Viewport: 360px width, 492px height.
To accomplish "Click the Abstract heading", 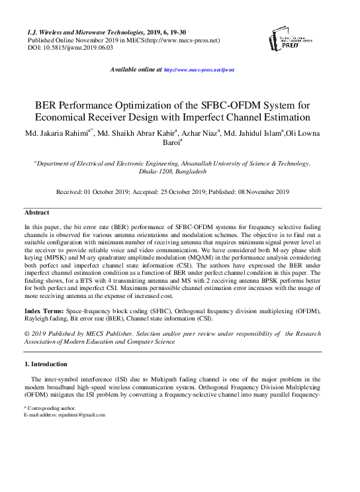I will [36, 213].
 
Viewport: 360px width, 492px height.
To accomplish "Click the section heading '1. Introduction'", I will [46, 364].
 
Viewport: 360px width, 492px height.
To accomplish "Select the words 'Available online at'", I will [135, 70].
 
